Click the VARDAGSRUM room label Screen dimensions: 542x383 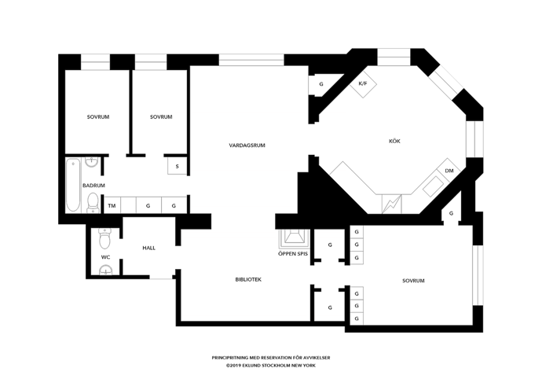click(247, 145)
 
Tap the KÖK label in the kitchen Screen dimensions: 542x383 click(394, 141)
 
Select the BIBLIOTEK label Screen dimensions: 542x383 click(248, 279)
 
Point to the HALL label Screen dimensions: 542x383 click(148, 248)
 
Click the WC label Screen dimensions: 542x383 click(105, 257)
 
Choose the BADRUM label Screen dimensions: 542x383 click(93, 186)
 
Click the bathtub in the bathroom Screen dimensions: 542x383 click(73, 185)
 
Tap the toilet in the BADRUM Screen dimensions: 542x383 click(93, 201)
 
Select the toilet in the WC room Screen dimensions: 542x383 click(104, 238)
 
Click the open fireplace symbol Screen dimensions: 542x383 click(293, 239)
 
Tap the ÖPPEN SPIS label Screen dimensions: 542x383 click(293, 253)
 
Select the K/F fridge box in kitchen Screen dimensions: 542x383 click(363, 83)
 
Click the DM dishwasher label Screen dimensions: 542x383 click(449, 171)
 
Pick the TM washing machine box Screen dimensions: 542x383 click(112, 205)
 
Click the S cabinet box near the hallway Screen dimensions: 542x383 click(178, 166)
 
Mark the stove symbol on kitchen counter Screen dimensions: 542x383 click(392, 204)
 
